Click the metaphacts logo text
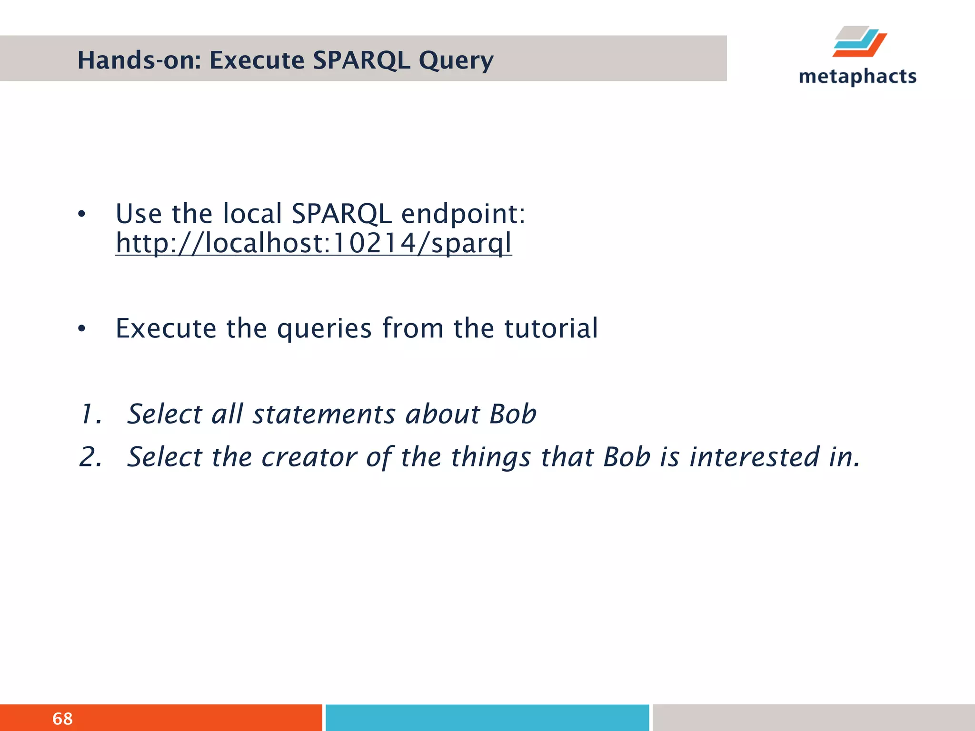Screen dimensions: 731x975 pos(857,77)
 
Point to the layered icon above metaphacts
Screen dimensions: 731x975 pos(860,42)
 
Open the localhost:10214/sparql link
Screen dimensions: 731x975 pos(314,243)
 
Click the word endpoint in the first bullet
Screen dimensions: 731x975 pos(463,214)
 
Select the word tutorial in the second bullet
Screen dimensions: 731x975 pos(551,328)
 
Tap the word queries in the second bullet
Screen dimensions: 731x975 pos(324,328)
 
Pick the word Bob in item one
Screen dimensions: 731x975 pos(513,414)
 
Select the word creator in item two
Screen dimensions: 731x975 pos(309,457)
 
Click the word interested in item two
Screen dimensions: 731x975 pos(754,457)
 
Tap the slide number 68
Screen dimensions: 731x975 pos(62,719)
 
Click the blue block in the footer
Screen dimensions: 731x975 pos(487,718)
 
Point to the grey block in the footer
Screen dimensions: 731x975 pos(813,718)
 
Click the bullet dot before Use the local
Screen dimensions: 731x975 pos(82,215)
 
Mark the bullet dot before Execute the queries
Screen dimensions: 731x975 pos(82,329)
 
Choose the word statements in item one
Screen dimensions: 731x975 pos(324,414)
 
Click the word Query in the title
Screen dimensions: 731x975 pos(456,60)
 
